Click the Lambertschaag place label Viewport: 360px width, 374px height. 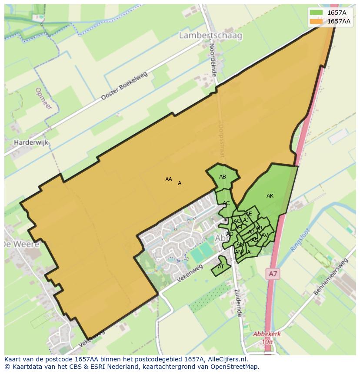(210, 36)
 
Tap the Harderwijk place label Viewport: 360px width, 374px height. (31, 142)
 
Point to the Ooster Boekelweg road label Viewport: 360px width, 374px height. (124, 86)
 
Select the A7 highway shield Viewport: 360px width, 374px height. (273, 274)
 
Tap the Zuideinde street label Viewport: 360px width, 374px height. (237, 303)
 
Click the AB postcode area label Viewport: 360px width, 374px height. (223, 177)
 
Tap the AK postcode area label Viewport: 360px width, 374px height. (270, 196)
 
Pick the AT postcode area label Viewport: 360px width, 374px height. (221, 267)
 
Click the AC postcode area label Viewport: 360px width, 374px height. (226, 203)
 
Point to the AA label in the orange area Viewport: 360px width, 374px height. (169, 179)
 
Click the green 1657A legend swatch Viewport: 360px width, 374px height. (317, 13)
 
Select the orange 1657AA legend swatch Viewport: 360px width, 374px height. (317, 21)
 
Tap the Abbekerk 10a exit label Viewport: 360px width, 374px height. (267, 338)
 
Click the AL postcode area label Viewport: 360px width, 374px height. (250, 252)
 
